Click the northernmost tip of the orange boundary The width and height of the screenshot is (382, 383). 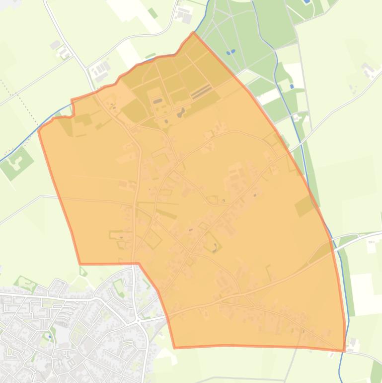tap(193, 33)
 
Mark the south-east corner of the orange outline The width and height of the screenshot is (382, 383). tap(344, 351)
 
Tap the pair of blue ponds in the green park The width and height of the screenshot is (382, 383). tap(230, 51)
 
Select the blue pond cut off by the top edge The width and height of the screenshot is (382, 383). tap(306, 1)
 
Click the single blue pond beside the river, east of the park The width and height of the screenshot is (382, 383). tap(292, 86)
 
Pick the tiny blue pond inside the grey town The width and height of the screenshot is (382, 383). tap(50, 336)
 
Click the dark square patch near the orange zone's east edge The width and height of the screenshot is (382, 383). tap(304, 206)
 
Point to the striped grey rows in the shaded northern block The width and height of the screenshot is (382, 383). tap(201, 92)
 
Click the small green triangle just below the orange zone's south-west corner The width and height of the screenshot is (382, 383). tap(83, 272)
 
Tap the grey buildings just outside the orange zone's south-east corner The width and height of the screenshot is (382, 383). tap(354, 343)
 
